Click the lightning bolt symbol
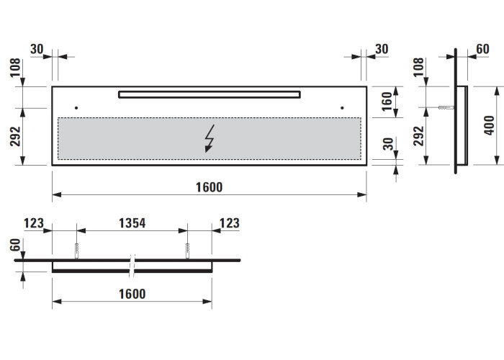(x=210, y=138)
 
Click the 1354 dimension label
(x=132, y=223)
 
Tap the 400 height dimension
(x=489, y=125)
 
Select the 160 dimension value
(x=387, y=102)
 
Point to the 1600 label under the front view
(x=210, y=187)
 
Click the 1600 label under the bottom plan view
(x=132, y=294)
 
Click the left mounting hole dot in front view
(x=76, y=108)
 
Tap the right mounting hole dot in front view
(x=342, y=108)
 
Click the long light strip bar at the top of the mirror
(x=210, y=94)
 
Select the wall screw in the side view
(x=446, y=107)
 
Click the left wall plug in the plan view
(x=76, y=251)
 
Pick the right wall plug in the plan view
(x=187, y=251)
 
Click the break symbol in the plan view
(x=132, y=266)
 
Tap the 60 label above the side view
(x=482, y=49)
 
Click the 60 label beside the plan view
(x=15, y=245)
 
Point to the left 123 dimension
(x=33, y=223)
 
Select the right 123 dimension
(x=230, y=223)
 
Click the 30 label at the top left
(x=37, y=49)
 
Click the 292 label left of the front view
(x=15, y=136)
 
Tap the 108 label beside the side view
(x=418, y=67)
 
